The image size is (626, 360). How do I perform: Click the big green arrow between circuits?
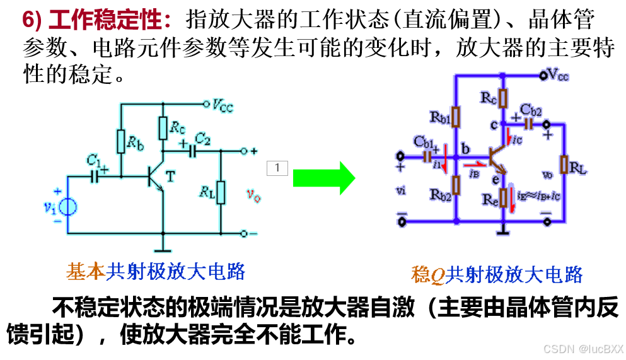324,178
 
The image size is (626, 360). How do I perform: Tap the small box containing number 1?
277,168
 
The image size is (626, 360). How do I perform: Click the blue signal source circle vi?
67,206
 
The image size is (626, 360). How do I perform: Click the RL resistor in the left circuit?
221,193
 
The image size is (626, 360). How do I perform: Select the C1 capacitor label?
94,163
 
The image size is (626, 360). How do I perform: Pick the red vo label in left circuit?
253,196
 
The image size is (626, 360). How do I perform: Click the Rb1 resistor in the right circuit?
456,117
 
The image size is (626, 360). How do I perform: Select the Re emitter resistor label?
489,200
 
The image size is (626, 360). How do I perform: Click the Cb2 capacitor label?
531,111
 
